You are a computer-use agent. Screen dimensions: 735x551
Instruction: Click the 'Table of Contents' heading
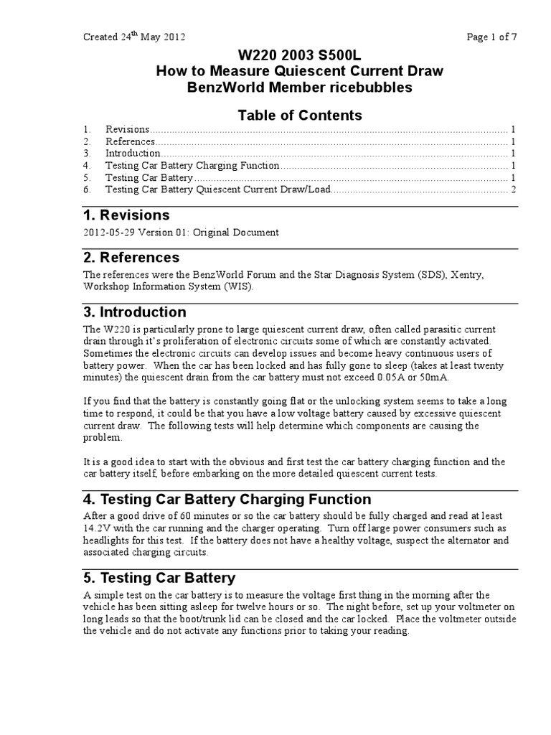pyautogui.click(x=299, y=115)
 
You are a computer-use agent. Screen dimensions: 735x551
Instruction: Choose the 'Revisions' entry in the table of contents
pyautogui.click(x=127, y=130)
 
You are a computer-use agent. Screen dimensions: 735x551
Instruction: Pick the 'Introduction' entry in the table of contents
pyautogui.click(x=133, y=154)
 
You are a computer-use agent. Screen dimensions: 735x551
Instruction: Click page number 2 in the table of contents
pyautogui.click(x=514, y=189)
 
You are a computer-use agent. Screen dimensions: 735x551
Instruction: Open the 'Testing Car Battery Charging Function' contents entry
pyautogui.click(x=192, y=166)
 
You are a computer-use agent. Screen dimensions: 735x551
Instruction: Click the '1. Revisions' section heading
pyautogui.click(x=126, y=215)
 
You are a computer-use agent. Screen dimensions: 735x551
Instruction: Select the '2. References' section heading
pyautogui.click(x=131, y=258)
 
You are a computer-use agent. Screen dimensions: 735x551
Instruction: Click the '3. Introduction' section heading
pyautogui.click(x=134, y=312)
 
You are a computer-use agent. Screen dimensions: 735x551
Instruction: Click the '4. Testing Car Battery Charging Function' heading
pyautogui.click(x=227, y=500)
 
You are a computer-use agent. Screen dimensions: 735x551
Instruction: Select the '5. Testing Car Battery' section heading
pyautogui.click(x=159, y=578)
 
